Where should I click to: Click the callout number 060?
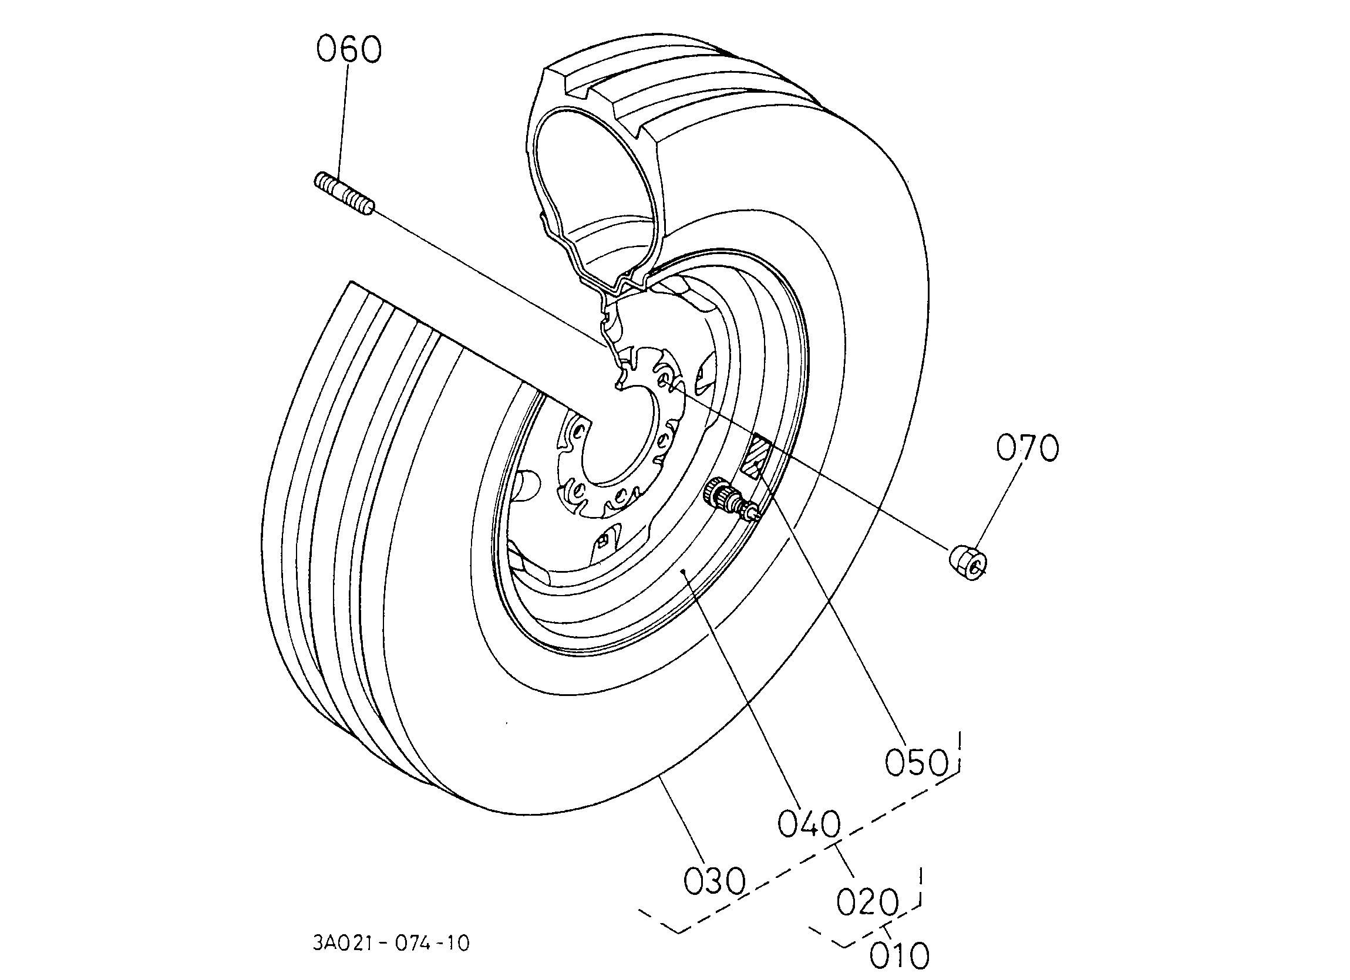click(x=349, y=49)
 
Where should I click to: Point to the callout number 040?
click(x=810, y=824)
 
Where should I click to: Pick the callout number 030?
click(x=714, y=881)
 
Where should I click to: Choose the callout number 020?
click(x=867, y=902)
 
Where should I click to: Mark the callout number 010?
click(x=900, y=955)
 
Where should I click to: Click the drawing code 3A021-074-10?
click(x=391, y=944)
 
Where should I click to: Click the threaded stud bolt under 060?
click(x=344, y=194)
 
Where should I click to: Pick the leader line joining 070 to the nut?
click(x=1001, y=506)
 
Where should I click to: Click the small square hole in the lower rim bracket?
click(x=602, y=540)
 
